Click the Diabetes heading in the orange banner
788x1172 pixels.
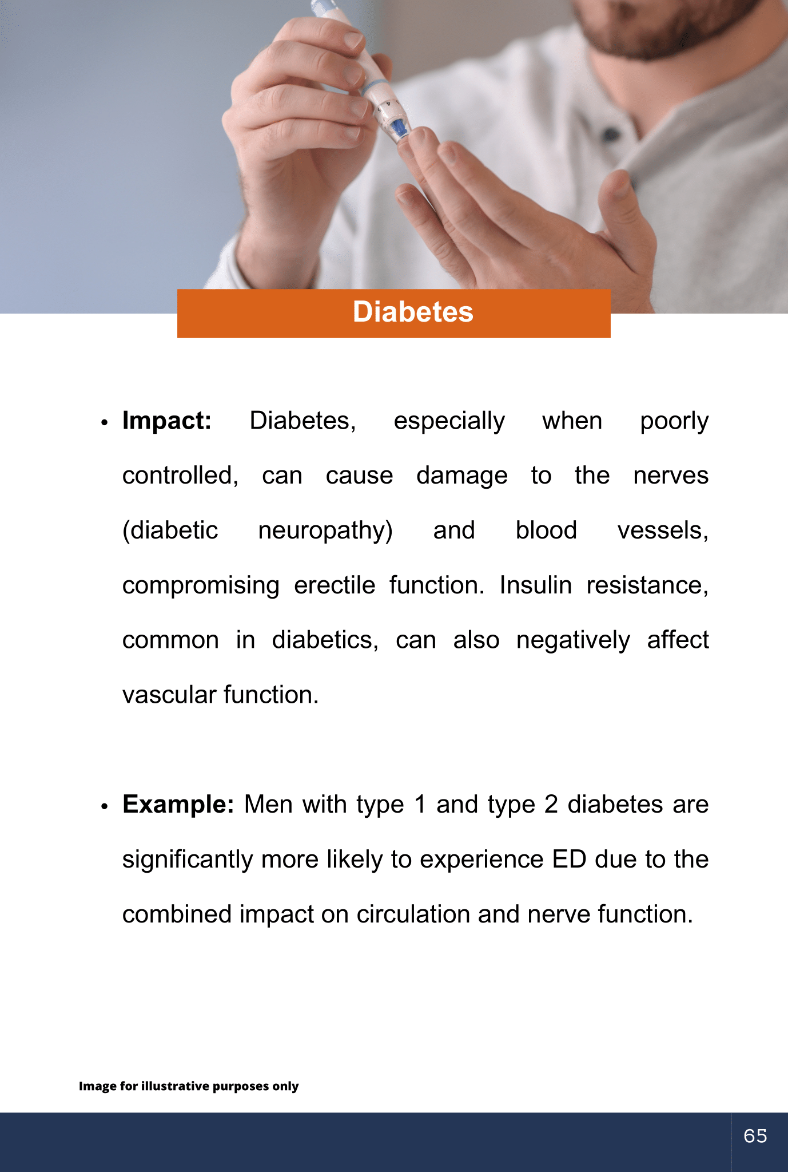click(413, 312)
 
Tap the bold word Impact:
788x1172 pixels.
click(167, 421)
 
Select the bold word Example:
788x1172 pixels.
click(178, 805)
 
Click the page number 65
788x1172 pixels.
click(755, 1135)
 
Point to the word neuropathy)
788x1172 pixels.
click(325, 531)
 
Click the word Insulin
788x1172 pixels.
click(536, 585)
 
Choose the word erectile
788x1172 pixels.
click(335, 585)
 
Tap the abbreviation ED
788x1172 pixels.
click(570, 860)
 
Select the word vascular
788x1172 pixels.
click(170, 695)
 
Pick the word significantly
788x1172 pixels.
click(188, 860)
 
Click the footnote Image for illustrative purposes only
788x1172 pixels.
click(189, 1086)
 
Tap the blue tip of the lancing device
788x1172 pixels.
click(400, 129)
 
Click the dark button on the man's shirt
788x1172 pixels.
click(611, 135)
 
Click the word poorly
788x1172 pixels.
click(674, 422)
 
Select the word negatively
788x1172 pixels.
click(573, 640)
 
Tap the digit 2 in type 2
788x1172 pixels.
click(551, 805)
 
